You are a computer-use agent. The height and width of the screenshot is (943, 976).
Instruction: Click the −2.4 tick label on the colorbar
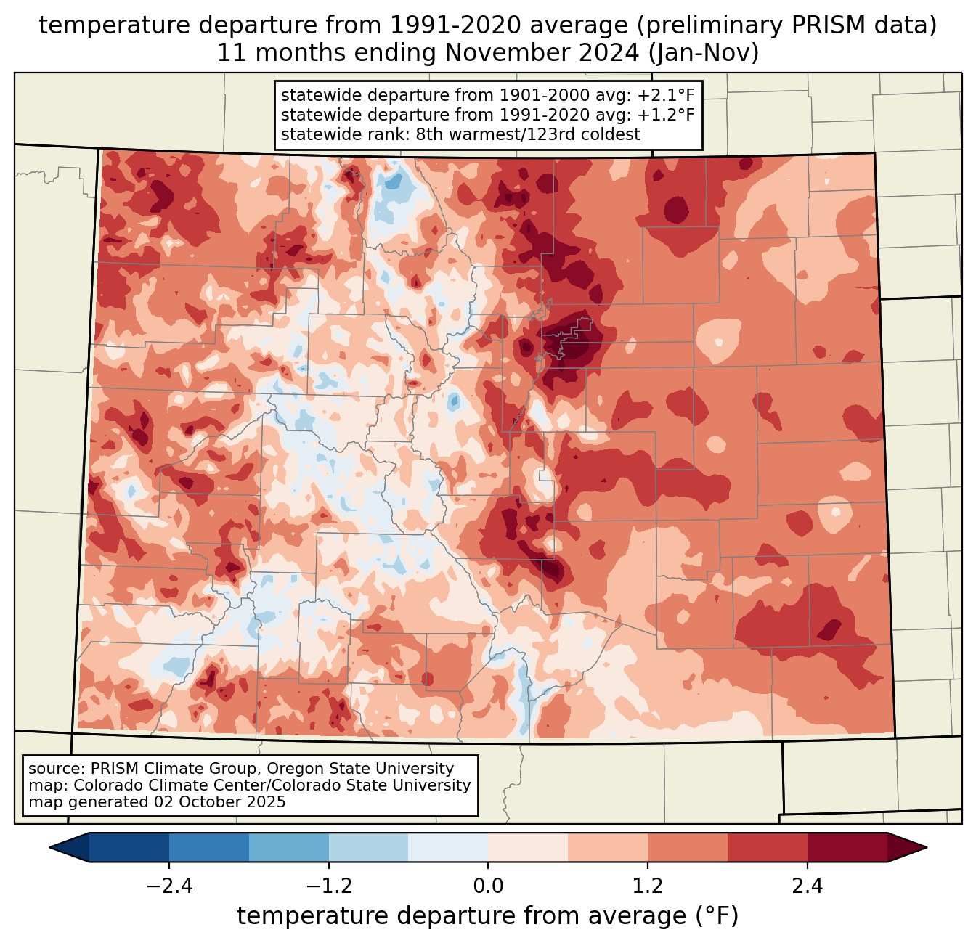[169, 886]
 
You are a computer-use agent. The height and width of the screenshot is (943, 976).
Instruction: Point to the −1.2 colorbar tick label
[329, 886]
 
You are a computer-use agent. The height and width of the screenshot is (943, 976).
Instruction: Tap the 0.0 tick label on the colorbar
[488, 886]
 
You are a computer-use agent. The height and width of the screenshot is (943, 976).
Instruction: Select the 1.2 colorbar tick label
[648, 886]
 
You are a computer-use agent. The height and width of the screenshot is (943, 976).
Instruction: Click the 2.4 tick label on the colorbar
[808, 886]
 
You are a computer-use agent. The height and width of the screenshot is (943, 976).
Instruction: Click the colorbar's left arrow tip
[49, 848]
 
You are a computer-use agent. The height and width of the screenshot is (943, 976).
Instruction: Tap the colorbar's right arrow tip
[927, 848]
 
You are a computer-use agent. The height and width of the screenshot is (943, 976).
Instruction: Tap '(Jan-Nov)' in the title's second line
[703, 53]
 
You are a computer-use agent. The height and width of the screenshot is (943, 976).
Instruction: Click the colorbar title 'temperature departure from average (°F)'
[488, 915]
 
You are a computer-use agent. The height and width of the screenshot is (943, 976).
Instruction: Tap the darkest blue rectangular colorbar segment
[129, 848]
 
